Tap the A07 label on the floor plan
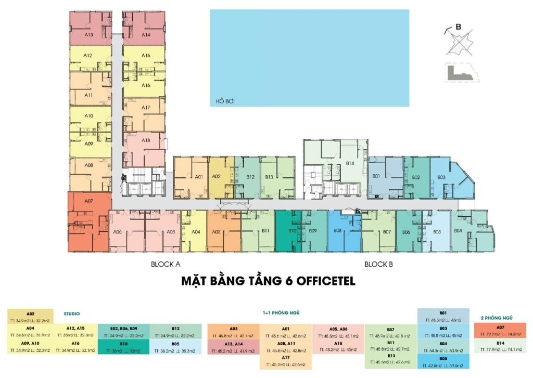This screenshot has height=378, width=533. pos(88,200)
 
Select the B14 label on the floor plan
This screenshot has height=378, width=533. pos(350,163)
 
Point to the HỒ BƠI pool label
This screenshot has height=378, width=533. pos(223,101)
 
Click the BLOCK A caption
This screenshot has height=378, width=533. pos(166,264)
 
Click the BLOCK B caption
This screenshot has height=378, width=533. pos(378,264)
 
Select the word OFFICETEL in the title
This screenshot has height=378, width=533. pos(326,281)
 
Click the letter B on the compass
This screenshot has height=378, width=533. pos(458,27)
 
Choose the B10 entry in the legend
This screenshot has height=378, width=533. pos(123,344)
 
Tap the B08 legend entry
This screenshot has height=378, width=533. pos(443,359)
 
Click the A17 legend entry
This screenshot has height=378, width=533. pos(286,359)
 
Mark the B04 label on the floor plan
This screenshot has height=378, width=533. pos(458,230)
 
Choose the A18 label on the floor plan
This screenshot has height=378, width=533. pos(146,140)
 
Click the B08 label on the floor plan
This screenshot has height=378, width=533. pos(337,230)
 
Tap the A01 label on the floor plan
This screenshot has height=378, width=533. pos(198,177)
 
